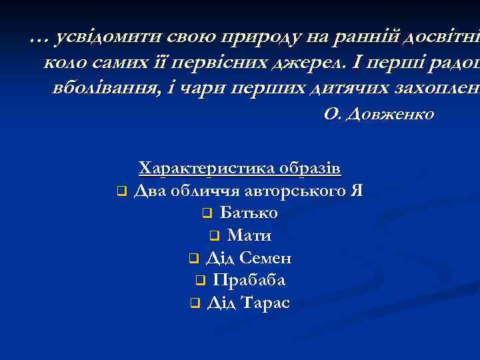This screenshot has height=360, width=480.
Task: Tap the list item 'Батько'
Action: (x=249, y=213)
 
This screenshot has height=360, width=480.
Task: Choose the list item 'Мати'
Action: (x=249, y=235)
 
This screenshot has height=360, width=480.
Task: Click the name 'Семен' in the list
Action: (x=265, y=258)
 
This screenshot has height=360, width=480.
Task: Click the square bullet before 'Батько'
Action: (x=207, y=214)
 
